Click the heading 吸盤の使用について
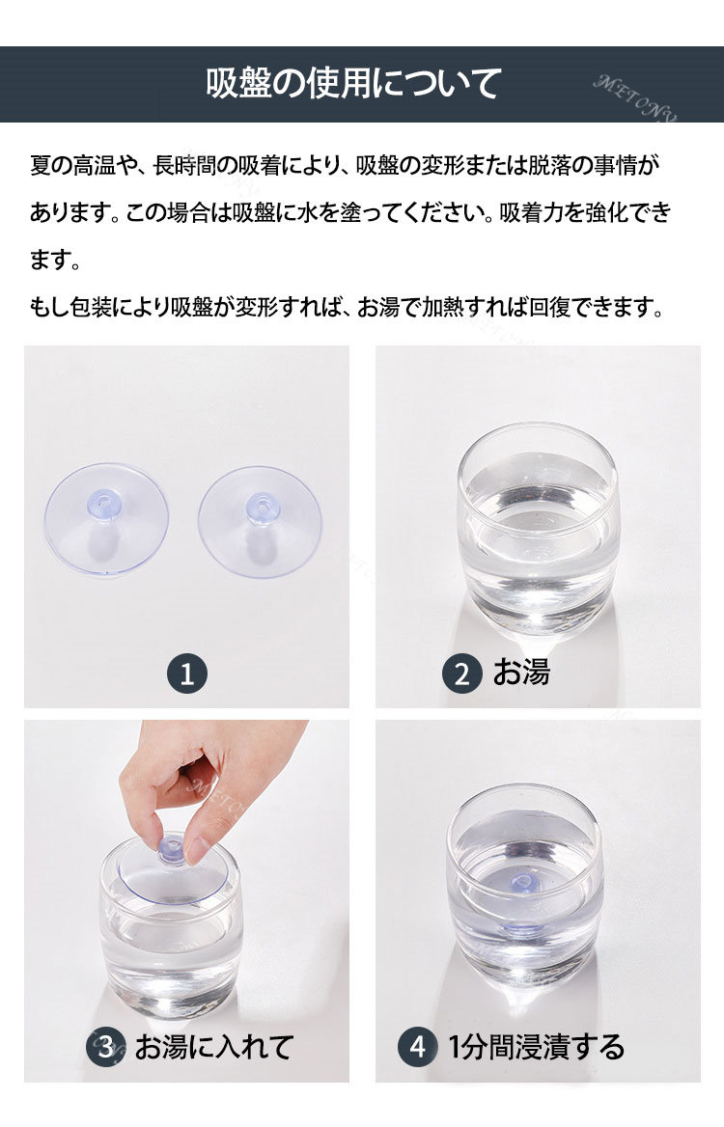coord(353,83)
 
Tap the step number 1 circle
coord(187,674)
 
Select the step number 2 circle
coord(461,674)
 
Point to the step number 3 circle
coord(105,1047)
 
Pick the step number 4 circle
coord(418,1047)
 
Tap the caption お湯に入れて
coord(213,1047)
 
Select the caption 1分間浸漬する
coord(537,1047)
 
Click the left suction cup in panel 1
coord(106,519)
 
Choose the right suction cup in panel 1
coord(260,522)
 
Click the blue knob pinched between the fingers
coord(172,849)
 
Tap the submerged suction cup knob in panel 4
coord(522,882)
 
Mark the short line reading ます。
coord(55,260)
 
